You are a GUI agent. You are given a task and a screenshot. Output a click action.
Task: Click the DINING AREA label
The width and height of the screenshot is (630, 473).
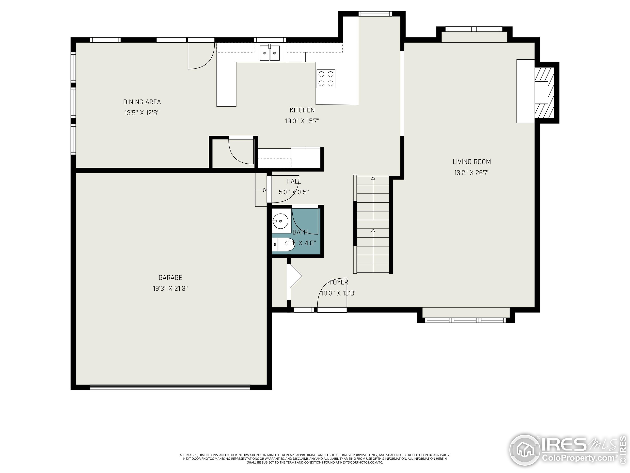pyautogui.click(x=142, y=102)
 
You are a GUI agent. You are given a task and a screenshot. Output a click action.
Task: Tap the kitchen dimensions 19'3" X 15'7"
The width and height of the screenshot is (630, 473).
pyautogui.click(x=302, y=121)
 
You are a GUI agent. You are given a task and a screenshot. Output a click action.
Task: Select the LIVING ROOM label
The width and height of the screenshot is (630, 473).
pyautogui.click(x=472, y=162)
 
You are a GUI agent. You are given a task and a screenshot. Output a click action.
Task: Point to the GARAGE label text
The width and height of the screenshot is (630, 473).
pyautogui.click(x=170, y=278)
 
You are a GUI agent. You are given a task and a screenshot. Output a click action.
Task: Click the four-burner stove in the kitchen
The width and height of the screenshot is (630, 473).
pyautogui.click(x=326, y=79)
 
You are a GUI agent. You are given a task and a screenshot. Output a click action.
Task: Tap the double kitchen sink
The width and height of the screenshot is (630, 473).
pyautogui.click(x=269, y=53)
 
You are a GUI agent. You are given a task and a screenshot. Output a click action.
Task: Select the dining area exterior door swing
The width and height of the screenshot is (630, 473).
pyautogui.click(x=201, y=56)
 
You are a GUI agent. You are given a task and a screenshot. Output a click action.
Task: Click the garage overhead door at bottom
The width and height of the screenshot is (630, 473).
pyautogui.click(x=170, y=387)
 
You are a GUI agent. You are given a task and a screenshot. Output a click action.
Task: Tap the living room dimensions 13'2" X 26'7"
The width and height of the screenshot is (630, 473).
pyautogui.click(x=472, y=173)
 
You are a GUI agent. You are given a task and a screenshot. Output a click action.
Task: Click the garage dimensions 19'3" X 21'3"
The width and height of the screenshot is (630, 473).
pyautogui.click(x=170, y=288)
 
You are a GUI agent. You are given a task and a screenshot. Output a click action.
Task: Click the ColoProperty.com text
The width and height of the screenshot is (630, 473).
pyautogui.click(x=578, y=458)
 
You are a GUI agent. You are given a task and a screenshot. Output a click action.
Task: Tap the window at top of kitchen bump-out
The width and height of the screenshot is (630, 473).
pyautogui.click(x=375, y=14)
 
